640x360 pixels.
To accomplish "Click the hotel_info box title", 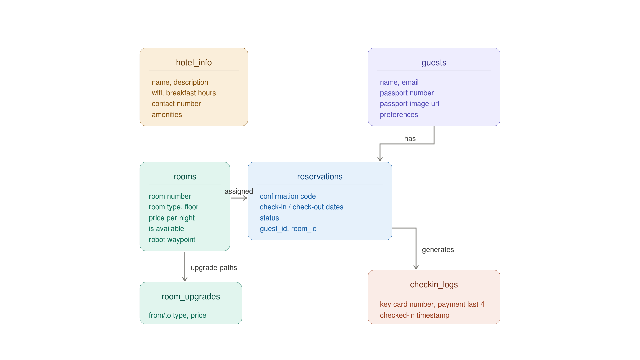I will (194, 63).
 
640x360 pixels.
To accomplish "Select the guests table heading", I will (434, 63).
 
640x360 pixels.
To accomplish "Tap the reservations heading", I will (320, 177).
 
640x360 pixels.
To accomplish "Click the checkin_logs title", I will (434, 285).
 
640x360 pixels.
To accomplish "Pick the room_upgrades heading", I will (191, 297).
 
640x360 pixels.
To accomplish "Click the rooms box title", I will (185, 177).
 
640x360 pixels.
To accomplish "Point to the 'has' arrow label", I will (410, 139).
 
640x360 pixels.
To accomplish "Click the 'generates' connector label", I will (438, 250).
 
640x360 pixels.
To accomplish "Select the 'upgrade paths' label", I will (214, 268).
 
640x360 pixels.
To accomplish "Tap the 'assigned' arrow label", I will (239, 191).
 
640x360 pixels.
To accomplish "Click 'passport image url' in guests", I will (409, 104).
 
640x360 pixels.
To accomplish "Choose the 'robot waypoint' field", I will (172, 240).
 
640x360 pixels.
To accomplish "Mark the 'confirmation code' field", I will (288, 196).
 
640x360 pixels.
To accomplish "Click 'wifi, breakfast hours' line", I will (184, 93).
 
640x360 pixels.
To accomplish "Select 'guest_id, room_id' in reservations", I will (288, 229).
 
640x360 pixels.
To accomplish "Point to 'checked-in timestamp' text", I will (414, 315).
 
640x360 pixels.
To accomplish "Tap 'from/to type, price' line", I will (177, 315).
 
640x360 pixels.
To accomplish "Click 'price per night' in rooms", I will (171, 218).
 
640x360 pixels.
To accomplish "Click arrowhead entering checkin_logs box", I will (416, 267).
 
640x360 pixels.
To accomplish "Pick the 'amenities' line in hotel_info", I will (167, 115).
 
